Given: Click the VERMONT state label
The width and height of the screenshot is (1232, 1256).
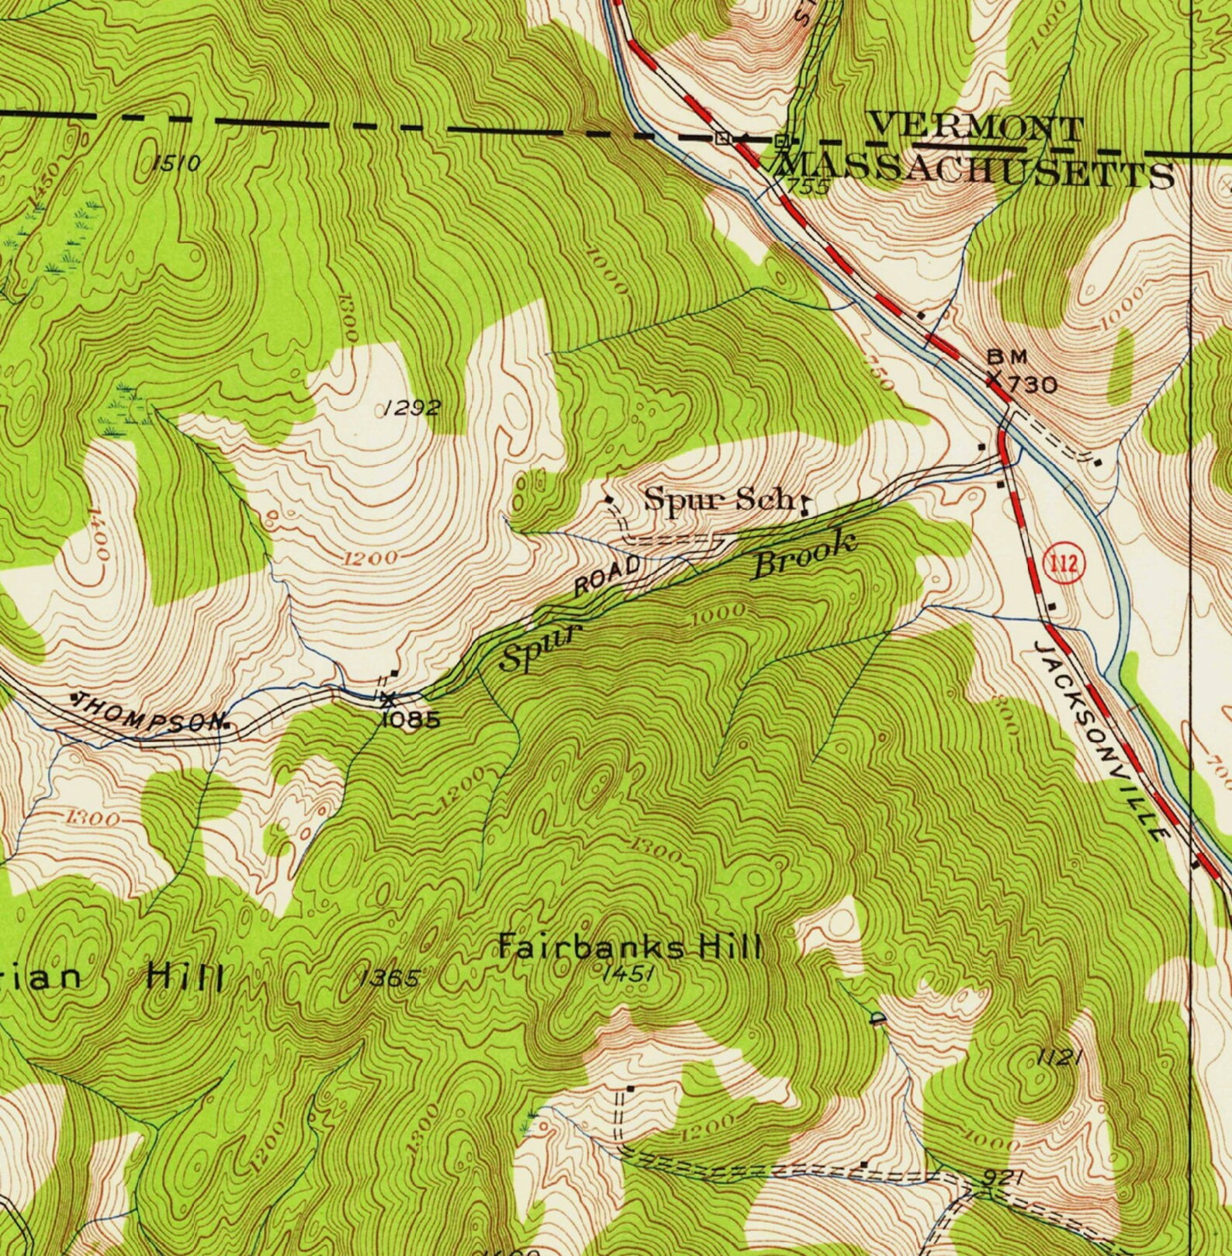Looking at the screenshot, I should [x=975, y=128].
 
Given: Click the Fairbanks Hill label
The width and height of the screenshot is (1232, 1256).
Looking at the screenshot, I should [x=629, y=947].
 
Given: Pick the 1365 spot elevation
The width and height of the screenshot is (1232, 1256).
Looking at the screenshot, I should [x=391, y=979].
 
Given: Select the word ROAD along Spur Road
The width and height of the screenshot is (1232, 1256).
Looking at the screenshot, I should [x=607, y=575].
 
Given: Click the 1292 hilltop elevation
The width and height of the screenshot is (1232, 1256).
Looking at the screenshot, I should [x=413, y=407].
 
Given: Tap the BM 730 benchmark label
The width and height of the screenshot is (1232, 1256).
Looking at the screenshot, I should [x=1020, y=372].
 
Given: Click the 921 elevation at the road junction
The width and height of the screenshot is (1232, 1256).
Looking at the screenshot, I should [x=1000, y=1178].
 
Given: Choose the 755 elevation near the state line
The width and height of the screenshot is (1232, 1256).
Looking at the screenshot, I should [x=808, y=186].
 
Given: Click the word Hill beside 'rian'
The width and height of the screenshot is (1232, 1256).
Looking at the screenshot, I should [x=185, y=976].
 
